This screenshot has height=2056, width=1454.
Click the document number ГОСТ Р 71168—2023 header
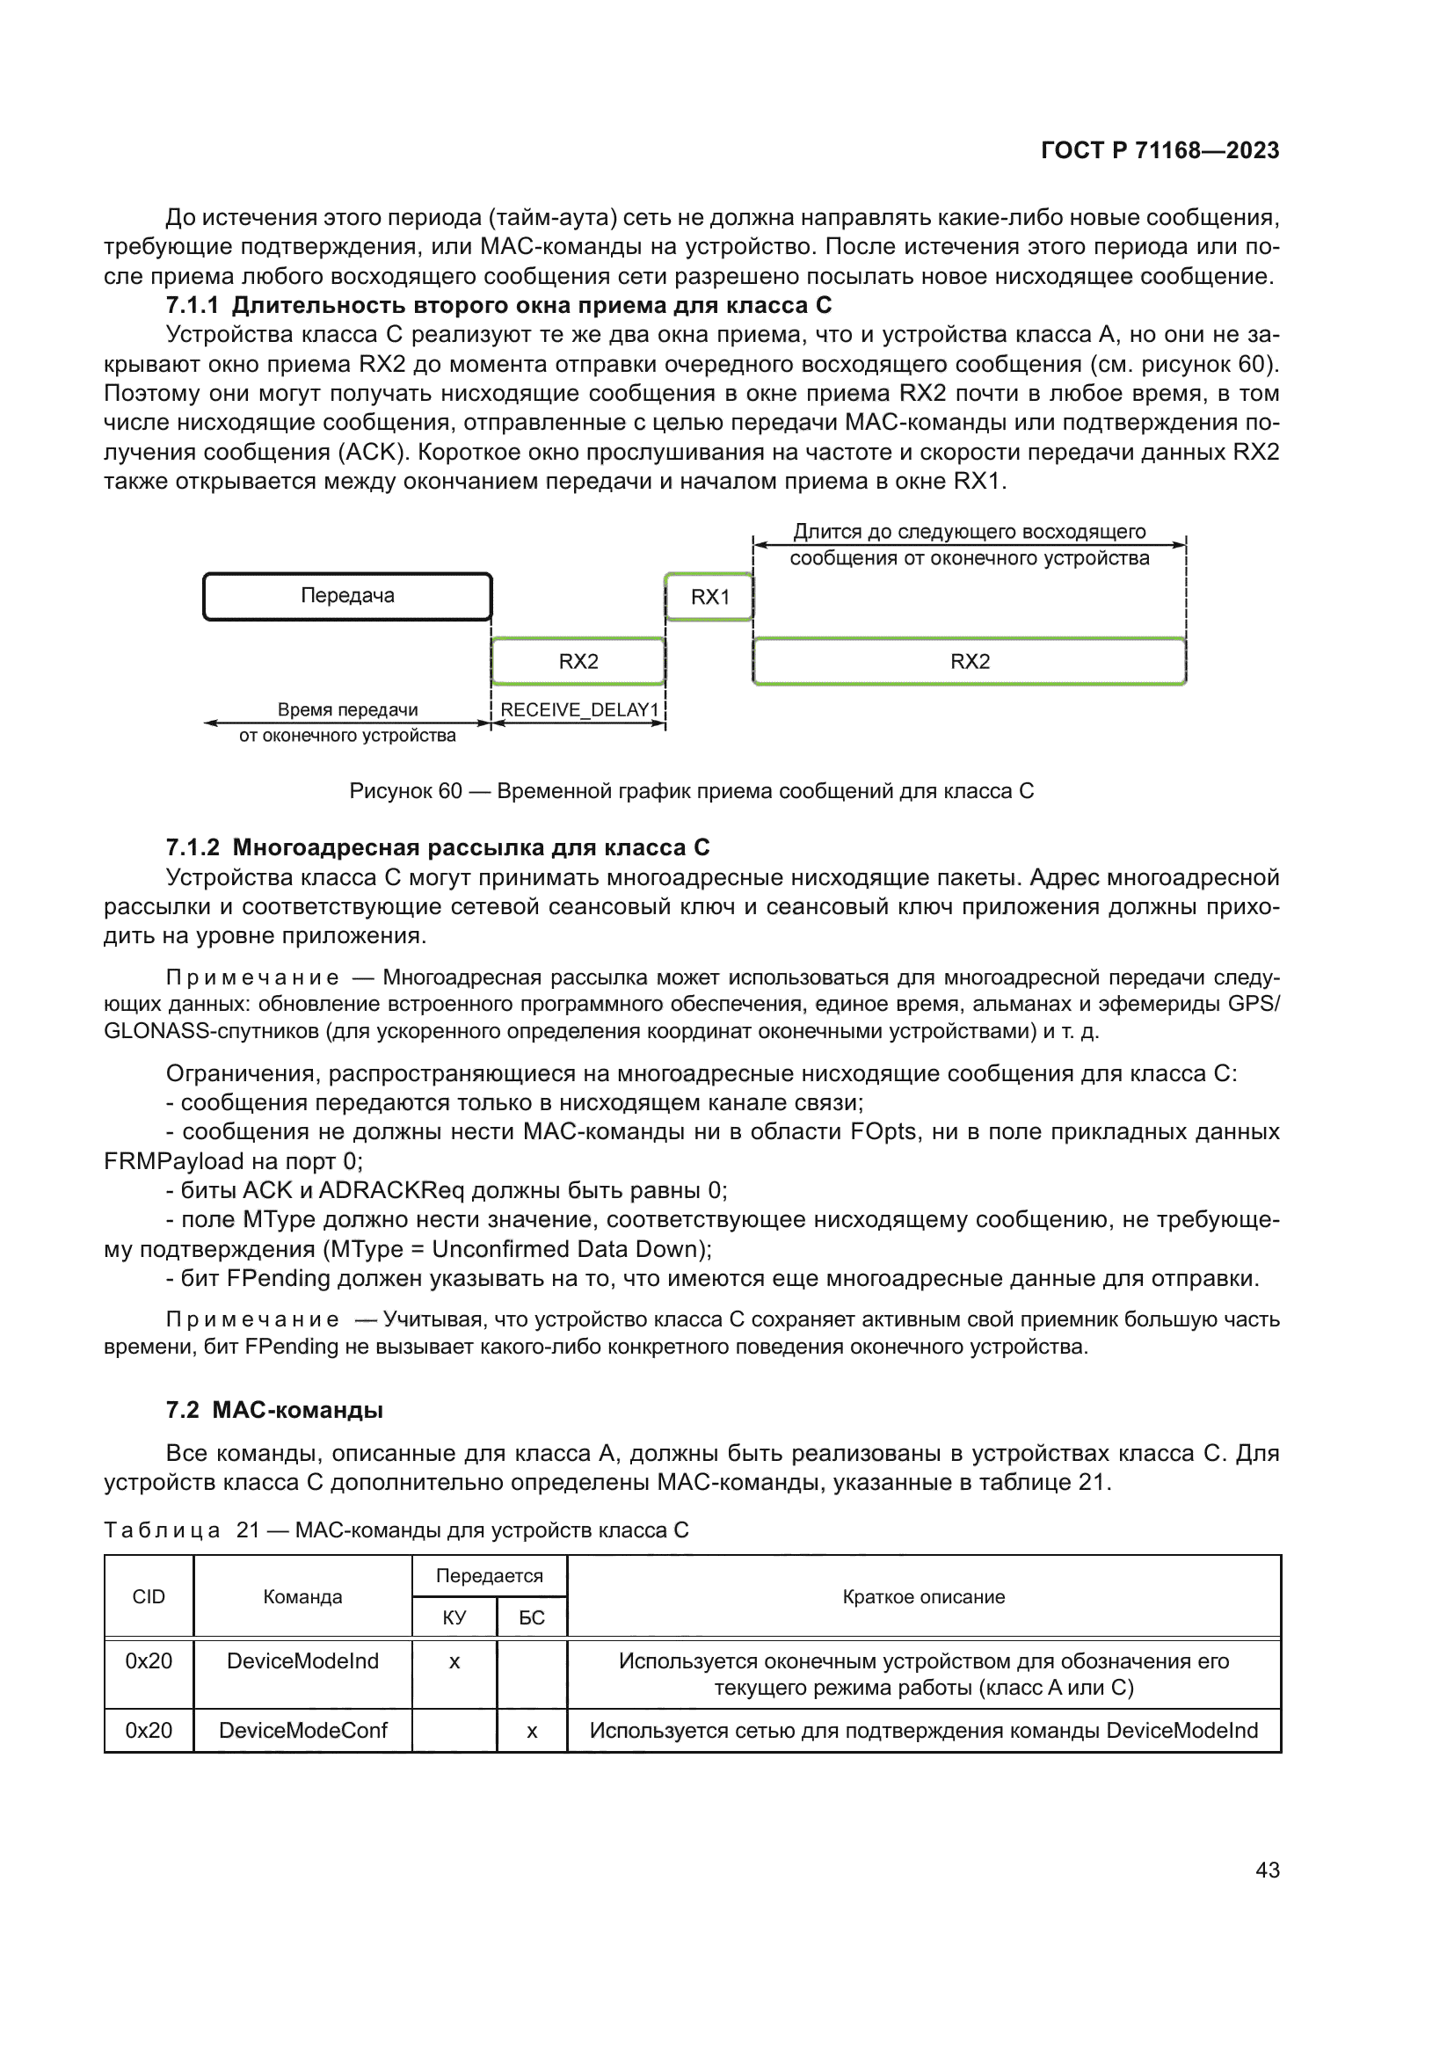[x=1160, y=150]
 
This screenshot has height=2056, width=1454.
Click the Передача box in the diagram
[x=347, y=596]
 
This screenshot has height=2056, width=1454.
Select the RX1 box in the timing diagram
[x=709, y=597]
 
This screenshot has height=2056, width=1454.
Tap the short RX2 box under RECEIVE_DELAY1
[x=578, y=662]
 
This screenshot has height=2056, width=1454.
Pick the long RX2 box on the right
[x=970, y=662]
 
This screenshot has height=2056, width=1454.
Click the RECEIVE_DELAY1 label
[x=579, y=710]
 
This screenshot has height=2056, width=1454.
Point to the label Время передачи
[x=347, y=710]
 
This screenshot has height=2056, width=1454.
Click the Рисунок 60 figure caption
[x=691, y=792]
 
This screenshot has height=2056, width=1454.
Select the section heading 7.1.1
[x=498, y=305]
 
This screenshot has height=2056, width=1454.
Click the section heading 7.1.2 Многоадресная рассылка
[x=438, y=847]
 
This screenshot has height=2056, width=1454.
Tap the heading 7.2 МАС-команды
[x=275, y=1410]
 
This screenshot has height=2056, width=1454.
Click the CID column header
[x=149, y=1597]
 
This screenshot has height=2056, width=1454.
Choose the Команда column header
[x=302, y=1597]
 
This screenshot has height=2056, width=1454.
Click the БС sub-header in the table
[x=532, y=1618]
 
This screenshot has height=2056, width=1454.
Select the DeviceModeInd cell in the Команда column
[x=302, y=1661]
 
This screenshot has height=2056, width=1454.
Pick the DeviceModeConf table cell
[x=302, y=1731]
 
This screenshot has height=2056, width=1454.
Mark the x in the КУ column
[x=454, y=1663]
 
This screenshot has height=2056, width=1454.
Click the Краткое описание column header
[x=923, y=1597]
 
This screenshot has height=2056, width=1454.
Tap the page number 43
[x=1267, y=1870]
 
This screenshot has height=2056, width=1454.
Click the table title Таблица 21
[x=396, y=1530]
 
